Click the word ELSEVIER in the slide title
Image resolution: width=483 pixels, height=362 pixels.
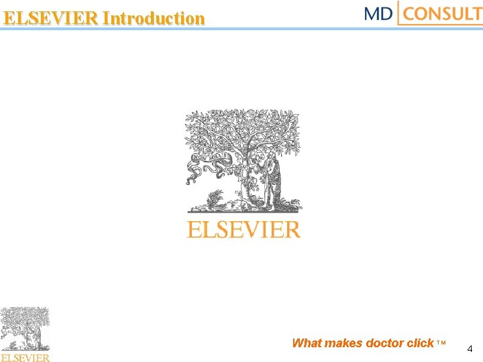[52, 18]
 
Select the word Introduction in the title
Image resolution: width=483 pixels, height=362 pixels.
[154, 18]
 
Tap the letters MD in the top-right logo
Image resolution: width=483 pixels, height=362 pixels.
[378, 13]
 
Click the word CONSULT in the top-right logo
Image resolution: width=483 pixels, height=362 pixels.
[443, 13]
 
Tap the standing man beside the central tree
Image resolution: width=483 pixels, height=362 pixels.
[274, 181]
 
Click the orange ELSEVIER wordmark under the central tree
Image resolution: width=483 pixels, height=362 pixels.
[244, 230]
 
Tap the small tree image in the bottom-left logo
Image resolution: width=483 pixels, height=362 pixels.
[25, 328]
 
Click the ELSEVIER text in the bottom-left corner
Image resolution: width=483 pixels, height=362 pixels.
[25, 357]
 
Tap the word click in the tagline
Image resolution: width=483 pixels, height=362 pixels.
[421, 343]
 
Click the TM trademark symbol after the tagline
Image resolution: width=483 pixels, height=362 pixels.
[441, 343]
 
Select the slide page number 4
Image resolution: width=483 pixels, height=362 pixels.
[470, 349]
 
